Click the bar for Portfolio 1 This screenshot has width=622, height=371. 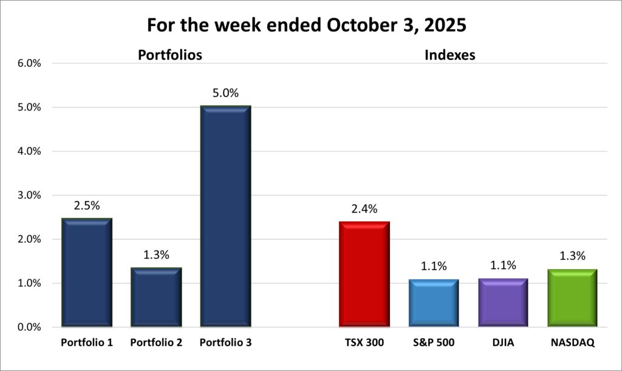point(87,273)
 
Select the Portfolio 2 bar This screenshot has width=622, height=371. point(156,298)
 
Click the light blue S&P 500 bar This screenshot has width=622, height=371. point(433,304)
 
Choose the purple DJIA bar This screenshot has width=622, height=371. point(502,303)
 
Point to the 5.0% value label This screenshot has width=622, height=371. point(226,94)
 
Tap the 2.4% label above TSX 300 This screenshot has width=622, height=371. point(364,209)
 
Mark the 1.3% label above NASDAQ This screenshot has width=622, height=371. point(572,256)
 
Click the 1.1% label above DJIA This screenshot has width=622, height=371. point(503,265)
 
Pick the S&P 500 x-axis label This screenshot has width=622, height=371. point(433,343)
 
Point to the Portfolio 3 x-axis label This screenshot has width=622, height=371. point(225,343)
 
